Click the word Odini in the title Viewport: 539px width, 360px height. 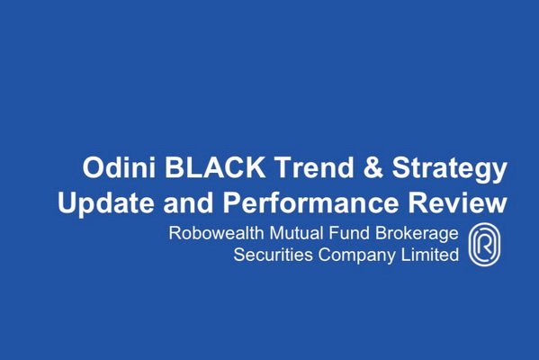pos(119,167)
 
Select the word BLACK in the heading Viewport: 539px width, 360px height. pos(215,167)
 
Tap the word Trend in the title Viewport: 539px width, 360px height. pos(314,167)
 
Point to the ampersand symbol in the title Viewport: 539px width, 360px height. pos(373,167)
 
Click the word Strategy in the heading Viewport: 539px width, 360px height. pos(450,169)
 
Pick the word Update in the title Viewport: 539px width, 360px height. pos(106,202)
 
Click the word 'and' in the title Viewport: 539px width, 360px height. pos(188,202)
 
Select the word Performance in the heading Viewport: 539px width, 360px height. pos(310,202)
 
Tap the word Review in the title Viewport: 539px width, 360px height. pos(457,202)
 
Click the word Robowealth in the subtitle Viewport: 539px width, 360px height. pos(216,233)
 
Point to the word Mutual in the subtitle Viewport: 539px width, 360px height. pos(296,233)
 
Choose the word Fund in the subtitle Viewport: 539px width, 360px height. pos(349,233)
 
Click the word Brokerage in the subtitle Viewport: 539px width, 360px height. pos(417,235)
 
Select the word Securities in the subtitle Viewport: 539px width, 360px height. pos(273,255)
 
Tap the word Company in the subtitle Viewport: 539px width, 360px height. pos(357,256)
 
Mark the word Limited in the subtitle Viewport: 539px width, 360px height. pos(430,255)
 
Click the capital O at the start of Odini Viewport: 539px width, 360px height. pos(94,167)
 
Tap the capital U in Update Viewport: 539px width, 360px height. pos(67,202)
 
